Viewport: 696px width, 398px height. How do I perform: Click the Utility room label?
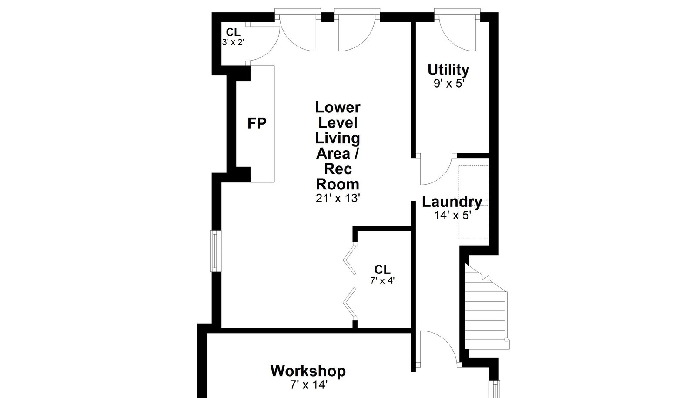[448, 70]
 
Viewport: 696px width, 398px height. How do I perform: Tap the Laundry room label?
[452, 202]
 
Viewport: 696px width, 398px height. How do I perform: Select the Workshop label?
[308, 371]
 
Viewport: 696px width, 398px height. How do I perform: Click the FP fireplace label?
[257, 123]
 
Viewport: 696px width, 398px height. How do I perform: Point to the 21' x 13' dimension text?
[338, 198]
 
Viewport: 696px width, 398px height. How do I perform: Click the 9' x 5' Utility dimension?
[448, 83]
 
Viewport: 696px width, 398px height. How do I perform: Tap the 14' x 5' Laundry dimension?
[453, 215]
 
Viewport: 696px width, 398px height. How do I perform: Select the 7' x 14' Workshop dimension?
[309, 385]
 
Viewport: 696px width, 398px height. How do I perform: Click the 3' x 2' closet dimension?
[233, 42]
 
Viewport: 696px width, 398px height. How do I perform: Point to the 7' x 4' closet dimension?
[382, 281]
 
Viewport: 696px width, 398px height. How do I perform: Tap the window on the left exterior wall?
[216, 251]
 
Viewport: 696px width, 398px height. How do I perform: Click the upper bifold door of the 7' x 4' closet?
[350, 260]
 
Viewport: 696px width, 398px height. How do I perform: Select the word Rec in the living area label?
[338, 169]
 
